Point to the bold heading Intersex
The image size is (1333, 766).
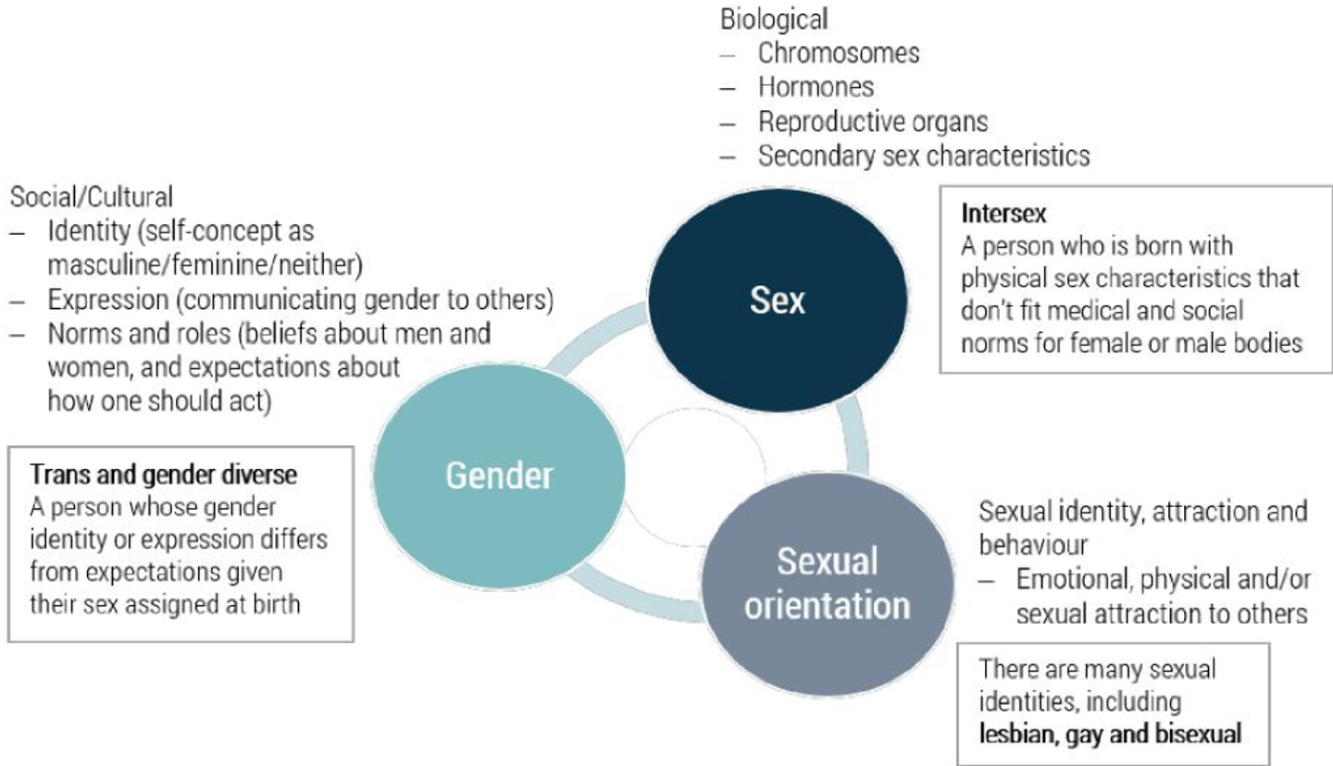coord(1003,214)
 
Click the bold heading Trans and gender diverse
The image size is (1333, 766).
coord(164,476)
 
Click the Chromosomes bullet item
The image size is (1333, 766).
coord(839,53)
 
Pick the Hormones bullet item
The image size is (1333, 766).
coord(816,87)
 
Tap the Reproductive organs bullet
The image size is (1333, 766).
coord(873,121)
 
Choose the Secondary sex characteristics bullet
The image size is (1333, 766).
coord(923,155)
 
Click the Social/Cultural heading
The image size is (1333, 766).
coord(92,197)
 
